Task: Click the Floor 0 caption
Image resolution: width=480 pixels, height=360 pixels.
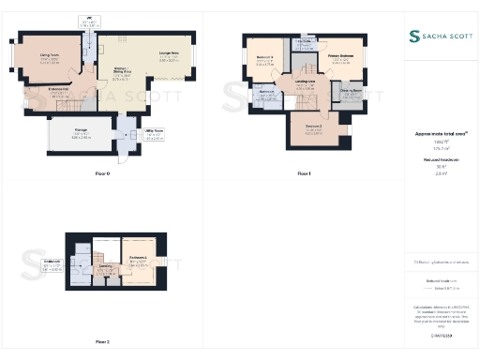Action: [102, 173]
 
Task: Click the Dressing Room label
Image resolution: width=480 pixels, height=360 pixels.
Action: [351, 94]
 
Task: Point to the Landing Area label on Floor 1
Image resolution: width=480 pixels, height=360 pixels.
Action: [305, 85]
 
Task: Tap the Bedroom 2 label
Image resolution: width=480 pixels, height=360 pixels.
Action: [313, 129]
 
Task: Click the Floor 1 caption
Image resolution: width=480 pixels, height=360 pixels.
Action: [303, 173]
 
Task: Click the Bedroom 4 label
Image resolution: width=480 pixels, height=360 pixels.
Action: [136, 259]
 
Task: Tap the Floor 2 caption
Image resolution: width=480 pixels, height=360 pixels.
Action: [102, 342]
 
